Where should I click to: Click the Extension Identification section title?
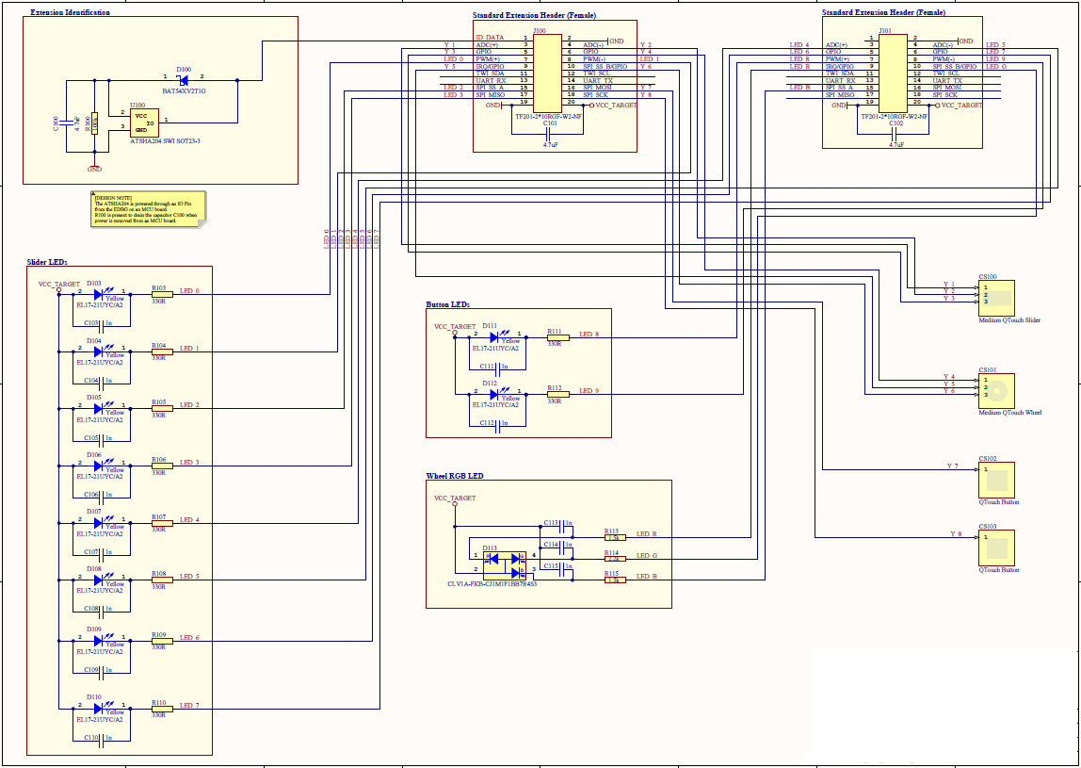70,12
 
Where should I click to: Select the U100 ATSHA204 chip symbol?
139,123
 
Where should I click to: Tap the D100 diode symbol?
183,80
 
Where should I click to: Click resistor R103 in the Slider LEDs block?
162,293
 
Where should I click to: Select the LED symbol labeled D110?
99,706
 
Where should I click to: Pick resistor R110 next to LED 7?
162,706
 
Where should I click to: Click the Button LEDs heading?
447,304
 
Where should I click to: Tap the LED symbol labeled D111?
494,336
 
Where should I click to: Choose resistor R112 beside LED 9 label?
557,394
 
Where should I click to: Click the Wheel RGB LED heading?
455,476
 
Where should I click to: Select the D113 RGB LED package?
504,564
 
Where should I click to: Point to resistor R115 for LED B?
614,580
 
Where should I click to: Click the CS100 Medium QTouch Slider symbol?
996,298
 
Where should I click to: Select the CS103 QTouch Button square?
996,547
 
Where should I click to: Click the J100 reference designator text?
539,30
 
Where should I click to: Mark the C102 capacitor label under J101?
895,123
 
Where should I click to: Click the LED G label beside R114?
647,555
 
